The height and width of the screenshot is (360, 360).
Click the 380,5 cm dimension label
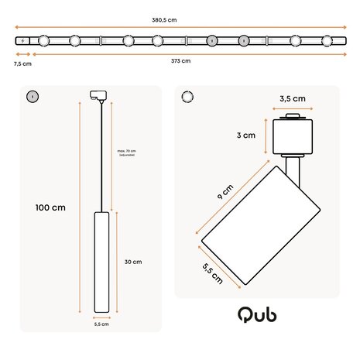(x=180, y=21)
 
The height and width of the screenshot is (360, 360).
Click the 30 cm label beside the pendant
(x=133, y=262)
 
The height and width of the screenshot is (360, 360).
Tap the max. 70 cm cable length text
(x=128, y=151)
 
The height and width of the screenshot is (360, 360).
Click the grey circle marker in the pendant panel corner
(x=32, y=96)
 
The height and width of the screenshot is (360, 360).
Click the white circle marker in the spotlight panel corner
(x=186, y=97)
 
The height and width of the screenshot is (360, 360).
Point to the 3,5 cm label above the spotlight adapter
(x=292, y=99)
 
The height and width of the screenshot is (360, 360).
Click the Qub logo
(x=257, y=315)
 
